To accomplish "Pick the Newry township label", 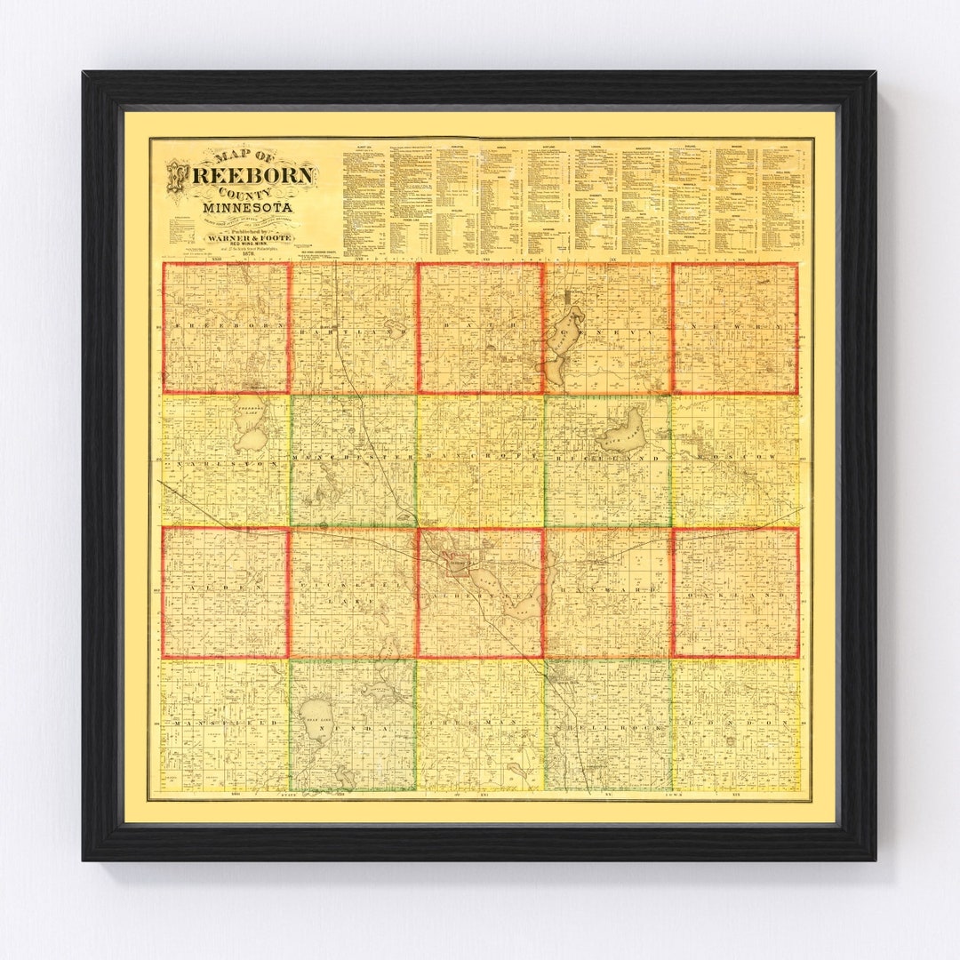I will (734, 328).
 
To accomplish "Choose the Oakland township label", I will (734, 590).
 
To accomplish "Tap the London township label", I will (734, 724).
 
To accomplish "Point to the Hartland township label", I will (353, 328).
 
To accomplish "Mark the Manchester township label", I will (353, 459).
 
